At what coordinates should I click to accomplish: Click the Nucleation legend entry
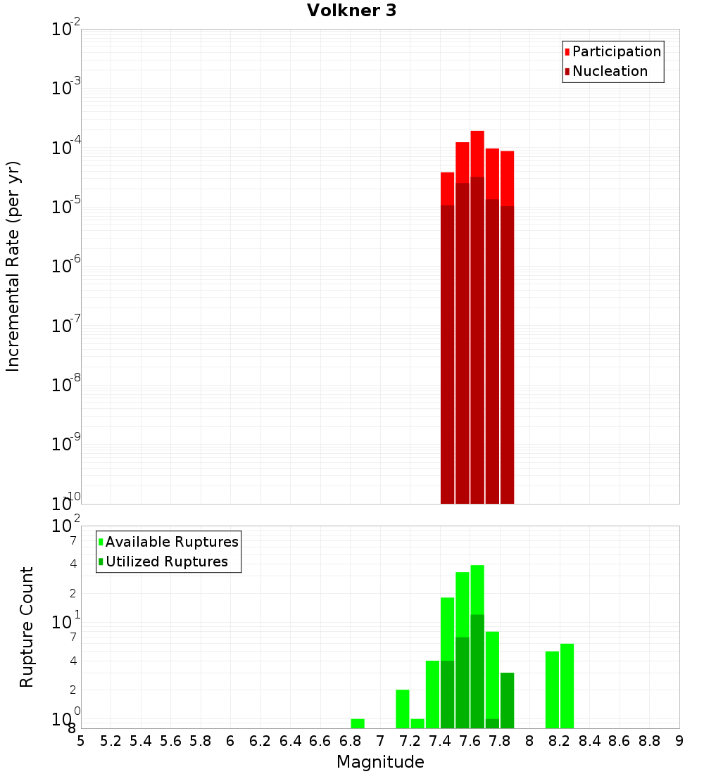point(609,71)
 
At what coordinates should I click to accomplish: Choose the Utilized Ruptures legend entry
point(165,562)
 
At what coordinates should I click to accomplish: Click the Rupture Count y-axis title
point(27,627)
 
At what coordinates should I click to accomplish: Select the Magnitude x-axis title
point(380,762)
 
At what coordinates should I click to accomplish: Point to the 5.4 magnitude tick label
point(141,741)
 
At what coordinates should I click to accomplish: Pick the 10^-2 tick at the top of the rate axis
point(65,30)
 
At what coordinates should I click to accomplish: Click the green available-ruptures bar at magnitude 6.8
point(358,723)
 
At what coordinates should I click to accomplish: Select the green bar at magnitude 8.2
point(567,686)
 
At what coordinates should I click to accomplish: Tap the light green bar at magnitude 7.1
point(403,709)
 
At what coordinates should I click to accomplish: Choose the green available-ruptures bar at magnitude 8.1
point(552,690)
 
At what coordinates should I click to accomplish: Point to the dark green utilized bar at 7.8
point(507,700)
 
